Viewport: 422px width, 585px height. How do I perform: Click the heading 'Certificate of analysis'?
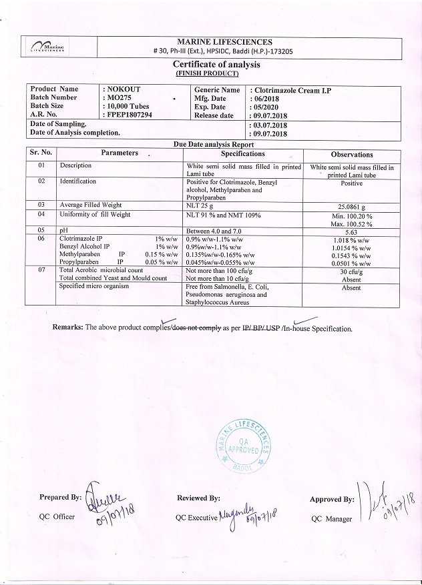216,64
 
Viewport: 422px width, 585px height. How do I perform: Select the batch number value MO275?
120,98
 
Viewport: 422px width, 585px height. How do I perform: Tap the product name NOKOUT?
123,89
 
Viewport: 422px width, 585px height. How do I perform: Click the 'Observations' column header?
352,155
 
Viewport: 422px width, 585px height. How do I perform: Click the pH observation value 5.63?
351,232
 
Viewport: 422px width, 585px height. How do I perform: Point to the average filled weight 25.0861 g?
351,207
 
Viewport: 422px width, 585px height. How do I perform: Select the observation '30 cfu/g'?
351,271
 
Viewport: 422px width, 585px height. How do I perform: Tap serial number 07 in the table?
41,270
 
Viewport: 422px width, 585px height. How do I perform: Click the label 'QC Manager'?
331,519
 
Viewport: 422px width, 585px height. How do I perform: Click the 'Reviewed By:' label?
198,498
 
